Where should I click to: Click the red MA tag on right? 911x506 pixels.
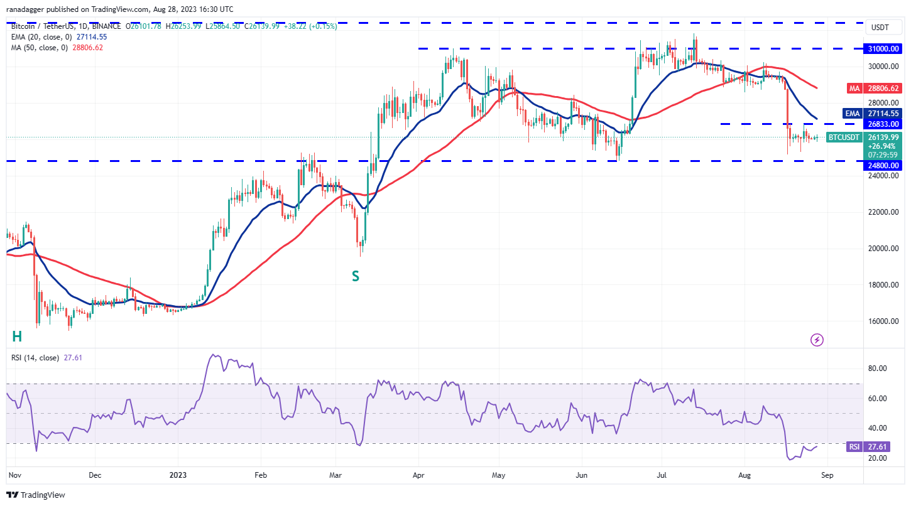coord(854,89)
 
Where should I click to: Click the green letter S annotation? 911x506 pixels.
coord(356,276)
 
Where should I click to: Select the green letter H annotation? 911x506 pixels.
coord(17,336)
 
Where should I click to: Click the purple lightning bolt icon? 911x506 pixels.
coord(817,340)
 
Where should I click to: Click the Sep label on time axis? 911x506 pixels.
coord(827,475)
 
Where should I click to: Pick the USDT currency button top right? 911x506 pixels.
coord(880,28)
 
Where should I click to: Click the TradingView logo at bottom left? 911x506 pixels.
coord(36,495)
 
